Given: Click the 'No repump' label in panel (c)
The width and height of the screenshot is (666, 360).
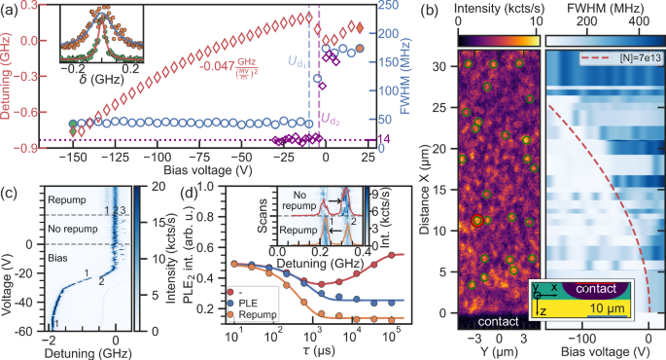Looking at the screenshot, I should pyautogui.click(x=69, y=226).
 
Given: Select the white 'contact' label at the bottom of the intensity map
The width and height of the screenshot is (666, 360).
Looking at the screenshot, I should pyautogui.click(x=499, y=321).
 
